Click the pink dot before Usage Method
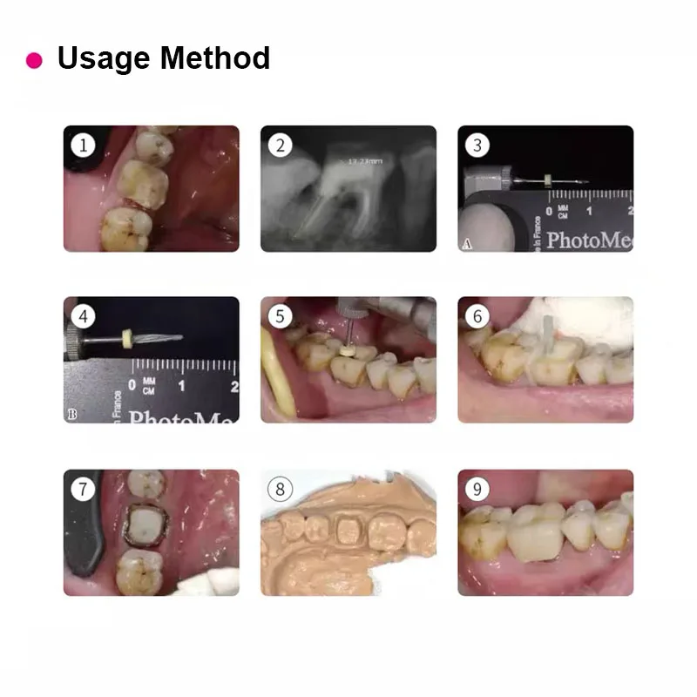(x=34, y=60)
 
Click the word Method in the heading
(x=217, y=58)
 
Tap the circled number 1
(x=83, y=145)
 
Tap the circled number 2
(x=280, y=145)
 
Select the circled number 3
(x=477, y=145)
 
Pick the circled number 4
(x=83, y=315)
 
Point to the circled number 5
(x=280, y=315)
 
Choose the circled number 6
(x=477, y=315)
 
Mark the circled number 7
(x=83, y=489)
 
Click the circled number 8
(x=280, y=489)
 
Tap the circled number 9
(x=477, y=489)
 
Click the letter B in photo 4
(x=71, y=415)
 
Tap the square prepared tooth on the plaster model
(x=351, y=531)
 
